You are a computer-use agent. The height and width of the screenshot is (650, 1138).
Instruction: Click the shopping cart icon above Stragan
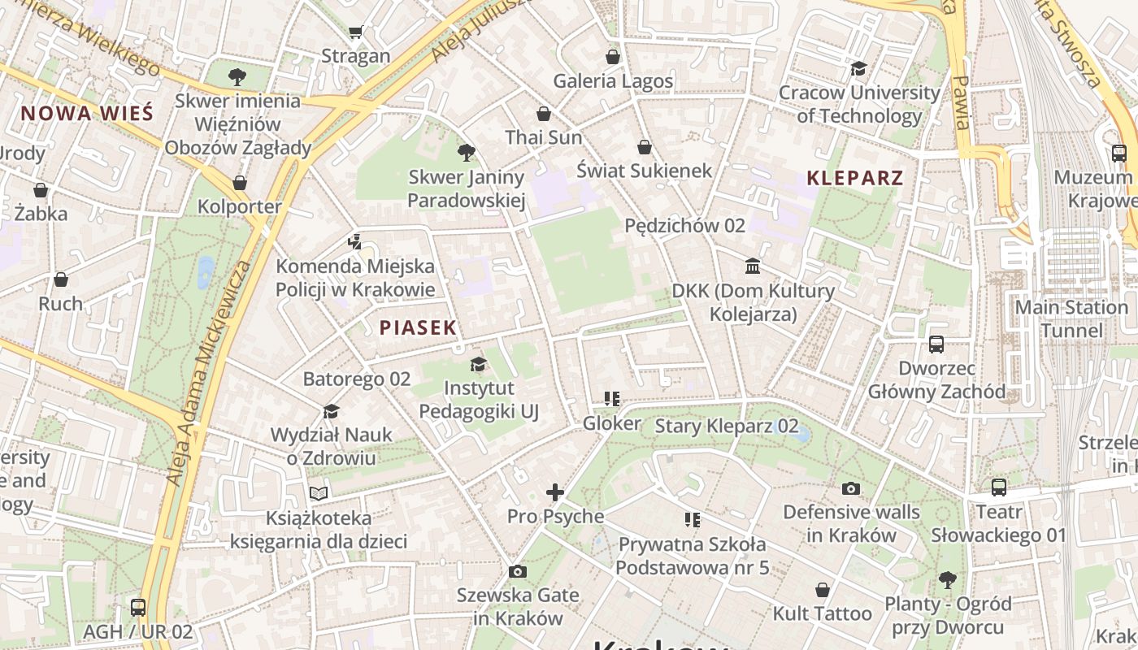tap(355, 32)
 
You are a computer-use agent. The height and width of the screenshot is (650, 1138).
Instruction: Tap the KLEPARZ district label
tap(855, 178)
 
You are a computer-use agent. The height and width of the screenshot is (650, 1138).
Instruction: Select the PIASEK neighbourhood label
tap(418, 327)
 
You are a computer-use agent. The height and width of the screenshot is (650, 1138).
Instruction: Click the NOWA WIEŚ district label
tap(87, 113)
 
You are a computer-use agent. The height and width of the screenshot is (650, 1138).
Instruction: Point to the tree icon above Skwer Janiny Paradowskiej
tap(467, 152)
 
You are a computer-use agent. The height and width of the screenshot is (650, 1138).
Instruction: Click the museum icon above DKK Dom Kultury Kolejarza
tap(753, 266)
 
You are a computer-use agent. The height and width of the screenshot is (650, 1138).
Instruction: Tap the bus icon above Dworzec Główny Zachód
tap(936, 344)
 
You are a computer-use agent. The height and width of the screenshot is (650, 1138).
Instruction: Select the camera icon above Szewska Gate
tap(518, 571)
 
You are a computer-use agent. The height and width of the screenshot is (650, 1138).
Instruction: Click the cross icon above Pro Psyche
tap(555, 492)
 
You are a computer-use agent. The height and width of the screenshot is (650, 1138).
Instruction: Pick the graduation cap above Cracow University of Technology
tap(859, 68)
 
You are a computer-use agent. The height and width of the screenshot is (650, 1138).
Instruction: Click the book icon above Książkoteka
tap(319, 493)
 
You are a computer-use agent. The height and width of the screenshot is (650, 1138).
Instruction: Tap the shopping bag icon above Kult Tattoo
tap(823, 589)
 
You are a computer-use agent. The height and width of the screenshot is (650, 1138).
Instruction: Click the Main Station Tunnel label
tap(1071, 318)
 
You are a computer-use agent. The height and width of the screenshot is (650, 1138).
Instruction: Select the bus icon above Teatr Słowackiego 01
tap(999, 487)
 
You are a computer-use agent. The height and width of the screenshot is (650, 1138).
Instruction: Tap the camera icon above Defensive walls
tap(851, 488)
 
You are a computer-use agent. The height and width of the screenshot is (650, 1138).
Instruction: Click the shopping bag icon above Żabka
tap(41, 190)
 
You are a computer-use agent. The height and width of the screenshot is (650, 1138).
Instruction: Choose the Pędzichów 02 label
tap(684, 226)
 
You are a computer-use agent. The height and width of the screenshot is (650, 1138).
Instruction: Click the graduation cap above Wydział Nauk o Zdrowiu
tap(331, 411)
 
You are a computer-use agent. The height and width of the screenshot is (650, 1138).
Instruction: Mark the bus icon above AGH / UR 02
tap(138, 607)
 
